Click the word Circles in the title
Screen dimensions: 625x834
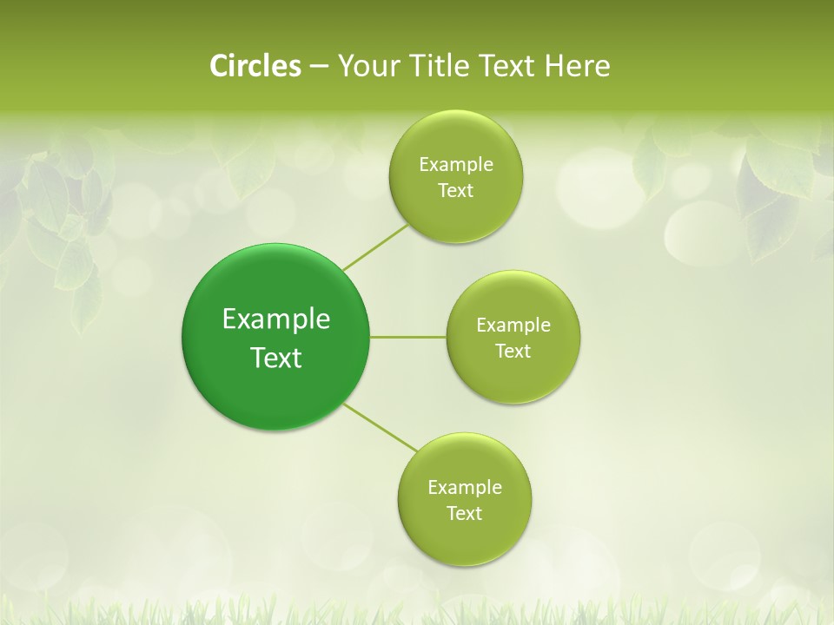[x=255, y=66]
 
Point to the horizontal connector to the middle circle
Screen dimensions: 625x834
[x=408, y=336]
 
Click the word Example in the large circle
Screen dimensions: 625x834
[x=275, y=319]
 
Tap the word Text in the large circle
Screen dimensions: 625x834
[x=275, y=358]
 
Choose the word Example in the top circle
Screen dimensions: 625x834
[x=456, y=165]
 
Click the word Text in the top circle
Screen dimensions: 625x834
[x=456, y=191]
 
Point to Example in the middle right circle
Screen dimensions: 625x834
[x=513, y=326]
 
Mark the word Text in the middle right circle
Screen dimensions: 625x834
[x=513, y=352]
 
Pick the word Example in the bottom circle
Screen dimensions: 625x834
[x=465, y=488]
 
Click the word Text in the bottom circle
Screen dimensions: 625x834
[x=465, y=514]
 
